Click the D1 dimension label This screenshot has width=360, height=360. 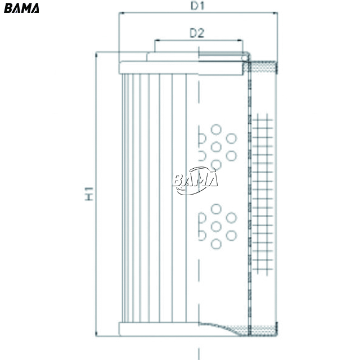tap(197, 6)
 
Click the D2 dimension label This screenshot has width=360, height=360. tap(197, 33)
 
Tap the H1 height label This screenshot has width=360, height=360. tap(89, 193)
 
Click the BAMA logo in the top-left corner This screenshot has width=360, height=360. tap(21, 8)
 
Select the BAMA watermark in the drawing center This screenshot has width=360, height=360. tap(195, 181)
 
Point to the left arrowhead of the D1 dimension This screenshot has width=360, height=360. tap(121, 13)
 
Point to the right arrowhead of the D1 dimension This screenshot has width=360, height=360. tap(275, 13)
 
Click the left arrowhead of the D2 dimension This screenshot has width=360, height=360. tap(157, 40)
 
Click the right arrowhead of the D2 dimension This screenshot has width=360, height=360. tap(240, 40)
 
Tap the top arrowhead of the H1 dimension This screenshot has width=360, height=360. tap(96, 55)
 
